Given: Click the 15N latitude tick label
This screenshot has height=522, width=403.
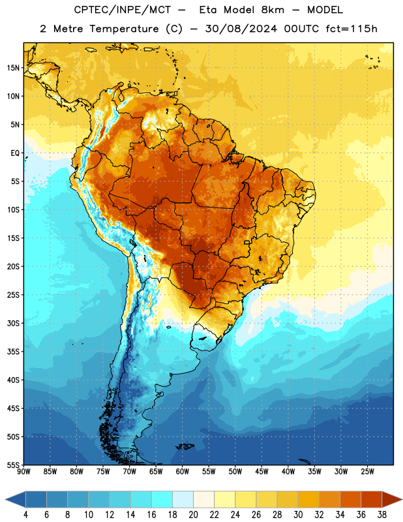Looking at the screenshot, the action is [x=13, y=68].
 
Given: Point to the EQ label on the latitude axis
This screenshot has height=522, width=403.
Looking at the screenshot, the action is [x=15, y=153].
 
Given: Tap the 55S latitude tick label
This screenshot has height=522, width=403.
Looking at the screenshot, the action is [x=13, y=465].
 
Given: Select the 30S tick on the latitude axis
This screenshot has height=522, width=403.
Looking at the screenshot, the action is [x=13, y=323].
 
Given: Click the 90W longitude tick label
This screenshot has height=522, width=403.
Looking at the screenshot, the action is [x=23, y=471].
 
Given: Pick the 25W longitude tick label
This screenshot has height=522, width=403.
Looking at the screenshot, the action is [x=367, y=471].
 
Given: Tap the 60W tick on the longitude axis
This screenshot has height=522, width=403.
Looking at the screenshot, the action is [x=183, y=471].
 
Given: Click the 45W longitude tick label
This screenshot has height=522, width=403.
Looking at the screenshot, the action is [x=261, y=471].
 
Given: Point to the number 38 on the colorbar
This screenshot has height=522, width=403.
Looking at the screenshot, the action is [x=381, y=515].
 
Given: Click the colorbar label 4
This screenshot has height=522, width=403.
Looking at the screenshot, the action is [x=25, y=515].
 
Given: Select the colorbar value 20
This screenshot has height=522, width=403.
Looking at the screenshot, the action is [x=193, y=515].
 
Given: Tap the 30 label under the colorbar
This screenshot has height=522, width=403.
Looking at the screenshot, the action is [x=298, y=515].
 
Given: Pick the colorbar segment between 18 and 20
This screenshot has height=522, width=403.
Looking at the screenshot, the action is [x=183, y=500].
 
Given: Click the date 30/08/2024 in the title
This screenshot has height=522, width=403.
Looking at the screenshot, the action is [x=241, y=29].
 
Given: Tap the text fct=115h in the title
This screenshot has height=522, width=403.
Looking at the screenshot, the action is [x=351, y=29].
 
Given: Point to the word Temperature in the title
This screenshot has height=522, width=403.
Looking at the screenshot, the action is [x=124, y=29].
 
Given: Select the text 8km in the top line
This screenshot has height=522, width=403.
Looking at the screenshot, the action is [x=273, y=10].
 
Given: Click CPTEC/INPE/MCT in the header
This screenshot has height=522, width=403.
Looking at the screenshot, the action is [x=123, y=10].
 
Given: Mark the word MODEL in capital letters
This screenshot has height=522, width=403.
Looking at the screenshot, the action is [x=325, y=10].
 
